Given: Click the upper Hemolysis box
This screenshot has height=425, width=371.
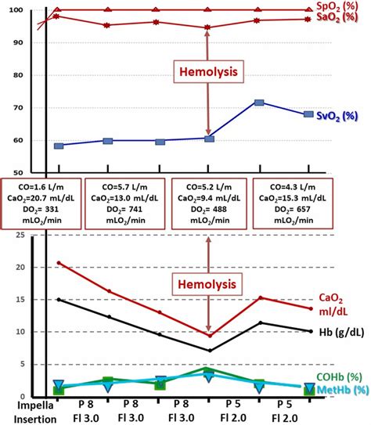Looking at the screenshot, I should (207, 70).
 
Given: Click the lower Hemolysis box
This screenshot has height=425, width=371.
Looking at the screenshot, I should (207, 280).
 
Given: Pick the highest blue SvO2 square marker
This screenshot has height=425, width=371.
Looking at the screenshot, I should (259, 103).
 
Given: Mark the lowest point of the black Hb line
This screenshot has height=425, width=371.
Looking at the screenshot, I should (208, 350).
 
